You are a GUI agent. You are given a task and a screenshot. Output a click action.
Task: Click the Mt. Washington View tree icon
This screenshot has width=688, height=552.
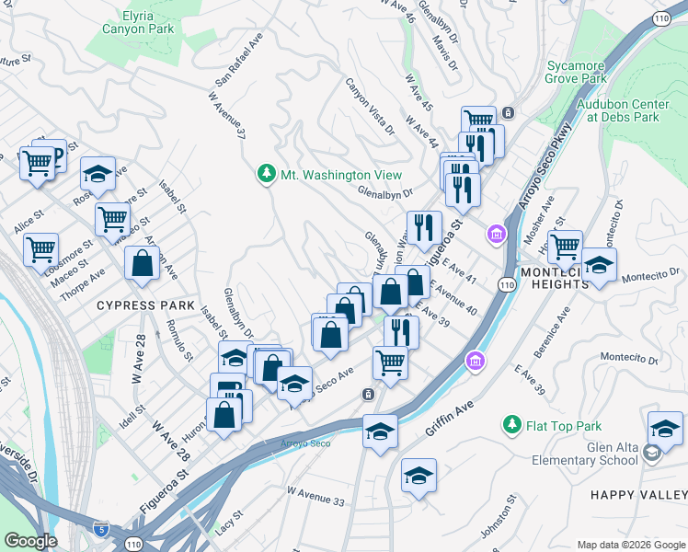266,174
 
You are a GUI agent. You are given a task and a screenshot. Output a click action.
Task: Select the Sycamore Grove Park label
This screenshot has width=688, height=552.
577,72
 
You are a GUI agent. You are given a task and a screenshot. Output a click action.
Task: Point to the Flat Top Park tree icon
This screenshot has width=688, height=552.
511,425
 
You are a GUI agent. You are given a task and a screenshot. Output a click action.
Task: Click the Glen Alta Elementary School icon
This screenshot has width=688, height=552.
651,453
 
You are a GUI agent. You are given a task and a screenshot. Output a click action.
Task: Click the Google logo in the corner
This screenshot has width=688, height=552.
31,541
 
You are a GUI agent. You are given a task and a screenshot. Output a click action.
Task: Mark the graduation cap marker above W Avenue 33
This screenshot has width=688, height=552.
419,476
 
